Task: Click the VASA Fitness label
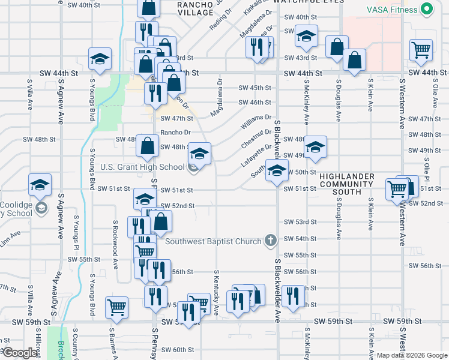(x=394, y=10)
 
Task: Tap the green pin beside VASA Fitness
(x=427, y=10)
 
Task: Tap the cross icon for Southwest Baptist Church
(x=271, y=241)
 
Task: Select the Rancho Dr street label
(x=175, y=133)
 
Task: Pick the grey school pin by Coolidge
(x=41, y=208)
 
